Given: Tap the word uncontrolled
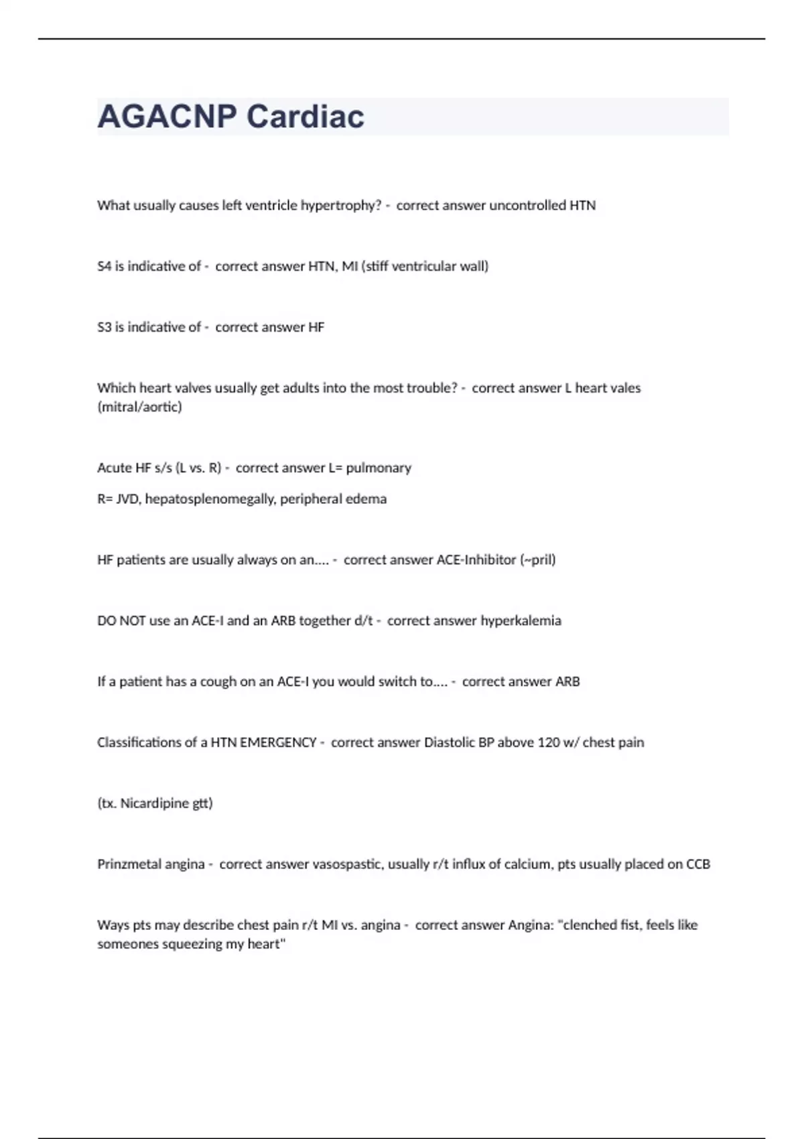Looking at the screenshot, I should tap(527, 206).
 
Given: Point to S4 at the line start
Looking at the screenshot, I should tap(104, 267).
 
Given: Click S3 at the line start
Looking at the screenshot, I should tap(104, 328).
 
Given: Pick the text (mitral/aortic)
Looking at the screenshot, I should tap(139, 407).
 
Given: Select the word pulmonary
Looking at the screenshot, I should tap(379, 468).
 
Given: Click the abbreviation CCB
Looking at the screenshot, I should tap(697, 864).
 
